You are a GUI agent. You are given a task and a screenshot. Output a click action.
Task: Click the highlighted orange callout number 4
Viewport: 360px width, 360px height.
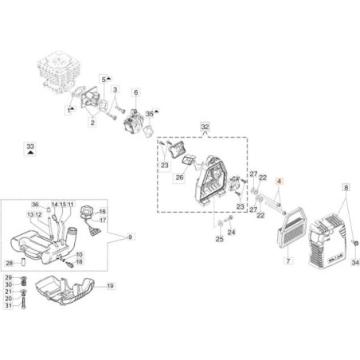(280, 182)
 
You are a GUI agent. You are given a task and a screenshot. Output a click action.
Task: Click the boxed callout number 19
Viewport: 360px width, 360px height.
(111, 285)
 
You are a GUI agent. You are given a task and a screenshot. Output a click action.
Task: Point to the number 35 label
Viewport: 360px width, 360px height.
(149, 115)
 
